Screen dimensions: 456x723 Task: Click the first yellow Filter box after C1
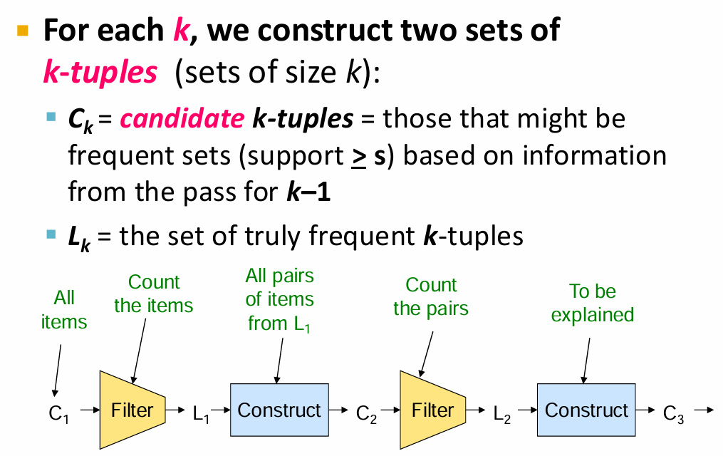[132, 410]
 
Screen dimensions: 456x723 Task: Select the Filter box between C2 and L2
[432, 410]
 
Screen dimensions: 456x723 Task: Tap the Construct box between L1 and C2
[279, 410]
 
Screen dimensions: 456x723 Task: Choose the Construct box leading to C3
[586, 410]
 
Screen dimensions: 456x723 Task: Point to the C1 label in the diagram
[59, 413]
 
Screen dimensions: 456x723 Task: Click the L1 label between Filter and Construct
[201, 413]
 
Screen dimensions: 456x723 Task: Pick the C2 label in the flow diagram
[366, 413]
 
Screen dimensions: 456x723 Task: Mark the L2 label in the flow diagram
[502, 413]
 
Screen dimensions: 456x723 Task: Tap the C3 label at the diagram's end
[673, 413]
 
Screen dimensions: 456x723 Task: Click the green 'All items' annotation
[64, 310]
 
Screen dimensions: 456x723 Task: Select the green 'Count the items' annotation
[154, 294]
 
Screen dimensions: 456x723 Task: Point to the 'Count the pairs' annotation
[431, 296]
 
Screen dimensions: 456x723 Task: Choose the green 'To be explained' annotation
[593, 303]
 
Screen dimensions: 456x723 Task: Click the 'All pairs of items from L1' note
[280, 299]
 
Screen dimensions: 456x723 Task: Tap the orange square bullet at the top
[24, 31]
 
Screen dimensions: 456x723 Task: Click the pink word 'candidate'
[182, 118]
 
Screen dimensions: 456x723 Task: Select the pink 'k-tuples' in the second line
[100, 73]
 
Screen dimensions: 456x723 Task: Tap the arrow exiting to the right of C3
[703, 410]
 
